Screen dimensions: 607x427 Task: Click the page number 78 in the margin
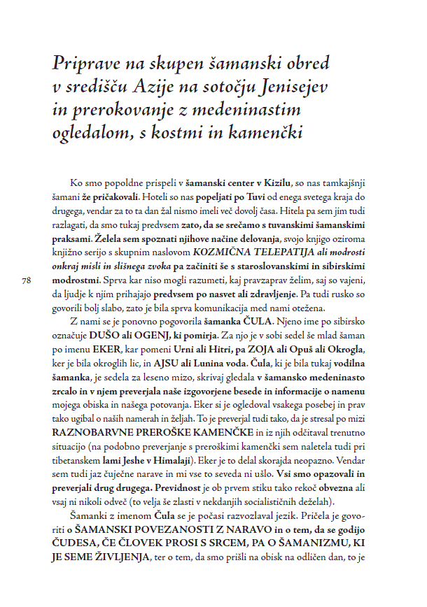pos(27,280)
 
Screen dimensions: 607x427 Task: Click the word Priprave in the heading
pos(85,63)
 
